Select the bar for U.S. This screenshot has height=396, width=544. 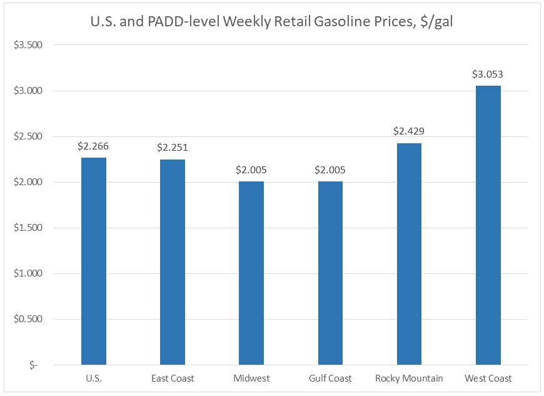point(94,261)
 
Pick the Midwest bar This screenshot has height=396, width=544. point(251,273)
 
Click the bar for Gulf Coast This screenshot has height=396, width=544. point(330,273)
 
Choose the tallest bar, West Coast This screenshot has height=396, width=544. point(488,225)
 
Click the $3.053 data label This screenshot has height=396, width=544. point(488,74)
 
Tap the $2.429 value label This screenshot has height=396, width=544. point(409,131)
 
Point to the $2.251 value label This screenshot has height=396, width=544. point(173,148)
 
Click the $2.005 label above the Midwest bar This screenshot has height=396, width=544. point(251,170)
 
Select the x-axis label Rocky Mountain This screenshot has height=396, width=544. point(409,378)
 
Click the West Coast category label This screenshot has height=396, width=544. point(488,378)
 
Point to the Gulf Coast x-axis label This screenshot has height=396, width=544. point(330,378)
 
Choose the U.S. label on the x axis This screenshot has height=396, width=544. point(94,378)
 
